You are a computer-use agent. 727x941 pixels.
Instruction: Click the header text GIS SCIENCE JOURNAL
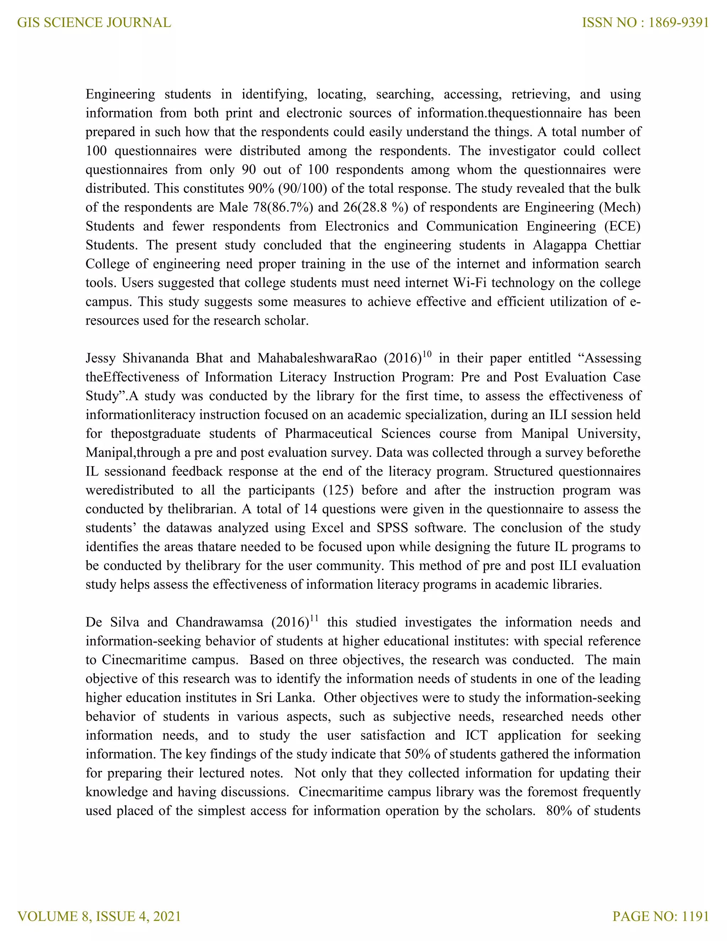click(94, 22)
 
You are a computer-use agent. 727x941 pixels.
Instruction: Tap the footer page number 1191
click(695, 916)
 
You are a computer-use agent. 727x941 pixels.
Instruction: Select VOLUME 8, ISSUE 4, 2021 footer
click(99, 916)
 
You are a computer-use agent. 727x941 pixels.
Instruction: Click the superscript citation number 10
click(426, 354)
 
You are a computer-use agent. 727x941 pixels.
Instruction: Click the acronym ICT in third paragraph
click(476, 735)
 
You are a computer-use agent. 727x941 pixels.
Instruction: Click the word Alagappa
click(559, 245)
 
